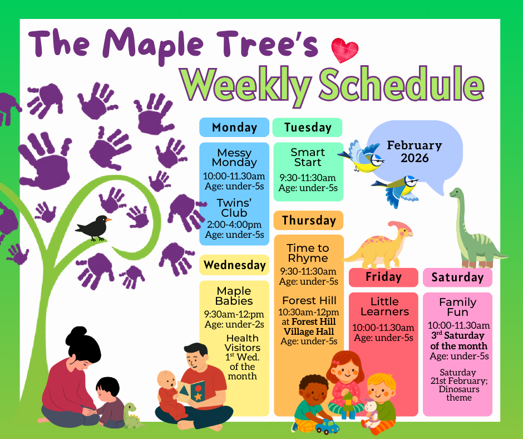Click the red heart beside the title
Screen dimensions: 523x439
tap(344, 50)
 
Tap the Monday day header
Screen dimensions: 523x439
tap(234, 127)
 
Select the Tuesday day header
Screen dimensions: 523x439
tap(307, 127)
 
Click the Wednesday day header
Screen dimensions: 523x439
tap(234, 265)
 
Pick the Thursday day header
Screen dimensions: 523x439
tap(309, 221)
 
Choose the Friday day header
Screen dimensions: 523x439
tap(383, 277)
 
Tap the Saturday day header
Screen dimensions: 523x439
tap(457, 277)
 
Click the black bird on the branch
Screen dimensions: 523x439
tap(93, 228)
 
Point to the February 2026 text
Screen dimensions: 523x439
tap(415, 152)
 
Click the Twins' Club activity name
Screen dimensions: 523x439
tap(234, 208)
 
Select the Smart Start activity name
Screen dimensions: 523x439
tap(308, 157)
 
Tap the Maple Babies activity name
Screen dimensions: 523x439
tap(234, 296)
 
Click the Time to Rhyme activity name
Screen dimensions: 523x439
tap(308, 253)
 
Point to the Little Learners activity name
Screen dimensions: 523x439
tap(384, 306)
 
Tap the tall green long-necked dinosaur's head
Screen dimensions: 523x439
tap(456, 193)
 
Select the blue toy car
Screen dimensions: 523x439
tap(327, 427)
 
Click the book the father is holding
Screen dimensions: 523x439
tap(191, 391)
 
